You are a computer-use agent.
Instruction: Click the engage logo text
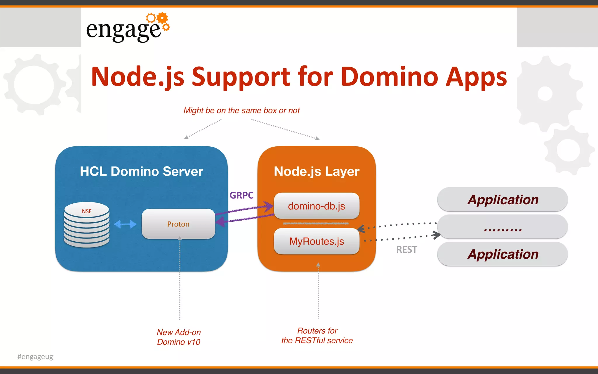[x=123, y=30]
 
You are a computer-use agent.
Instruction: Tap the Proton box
[x=178, y=224]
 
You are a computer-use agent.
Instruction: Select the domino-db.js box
[x=317, y=206]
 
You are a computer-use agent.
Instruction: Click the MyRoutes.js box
[x=317, y=241]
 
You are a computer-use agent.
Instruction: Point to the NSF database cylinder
[x=86, y=224]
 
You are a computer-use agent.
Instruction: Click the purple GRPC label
[x=241, y=195]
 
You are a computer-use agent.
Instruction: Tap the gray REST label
[x=406, y=250]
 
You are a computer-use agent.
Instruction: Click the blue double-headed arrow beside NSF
[x=125, y=224]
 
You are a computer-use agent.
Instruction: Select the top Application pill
[x=503, y=200]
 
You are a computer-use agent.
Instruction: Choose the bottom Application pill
[x=503, y=254]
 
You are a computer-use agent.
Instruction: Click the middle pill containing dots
[x=503, y=227]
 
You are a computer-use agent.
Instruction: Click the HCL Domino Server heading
[x=141, y=171]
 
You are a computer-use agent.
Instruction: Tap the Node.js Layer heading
[x=317, y=171]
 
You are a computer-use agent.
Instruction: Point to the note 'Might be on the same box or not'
[x=241, y=110]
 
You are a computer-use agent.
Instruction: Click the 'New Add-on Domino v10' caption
[x=179, y=337]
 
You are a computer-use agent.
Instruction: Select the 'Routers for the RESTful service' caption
[x=317, y=335]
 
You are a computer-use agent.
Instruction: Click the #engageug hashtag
[x=35, y=356]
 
